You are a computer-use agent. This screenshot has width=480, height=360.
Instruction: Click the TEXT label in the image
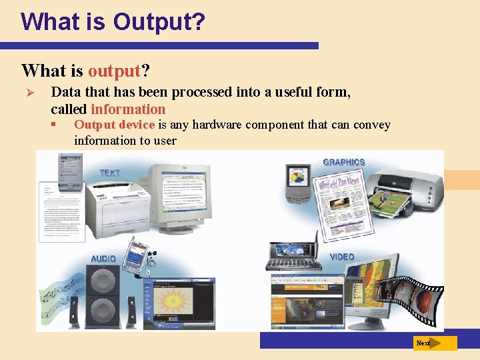109,173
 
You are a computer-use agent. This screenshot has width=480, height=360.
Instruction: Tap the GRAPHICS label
343,162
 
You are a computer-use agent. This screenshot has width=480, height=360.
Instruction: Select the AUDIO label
103,258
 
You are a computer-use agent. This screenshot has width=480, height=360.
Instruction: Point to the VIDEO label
342,257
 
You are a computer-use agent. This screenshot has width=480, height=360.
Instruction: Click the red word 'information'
128,109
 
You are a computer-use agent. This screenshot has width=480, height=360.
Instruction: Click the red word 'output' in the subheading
114,71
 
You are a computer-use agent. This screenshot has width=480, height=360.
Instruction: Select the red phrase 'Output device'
115,125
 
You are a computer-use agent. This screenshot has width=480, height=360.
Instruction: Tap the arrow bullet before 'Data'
27,92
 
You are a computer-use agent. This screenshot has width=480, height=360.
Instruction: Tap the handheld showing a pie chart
297,183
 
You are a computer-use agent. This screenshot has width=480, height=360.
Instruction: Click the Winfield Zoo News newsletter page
340,207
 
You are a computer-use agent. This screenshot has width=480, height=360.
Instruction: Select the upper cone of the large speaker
103,279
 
